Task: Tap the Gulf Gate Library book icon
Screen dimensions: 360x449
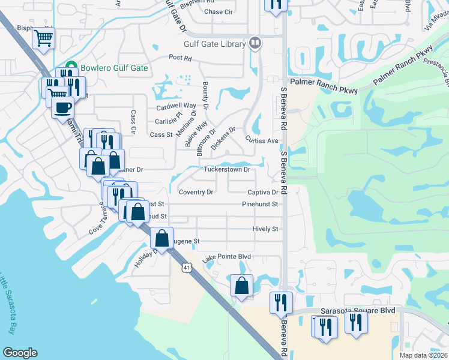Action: pos(255,43)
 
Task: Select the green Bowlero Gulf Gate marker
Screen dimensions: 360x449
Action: pos(71,68)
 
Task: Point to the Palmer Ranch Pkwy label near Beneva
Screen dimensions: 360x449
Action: pos(323,82)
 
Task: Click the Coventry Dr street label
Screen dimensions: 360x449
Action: pos(196,192)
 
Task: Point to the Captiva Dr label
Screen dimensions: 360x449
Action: pos(263,193)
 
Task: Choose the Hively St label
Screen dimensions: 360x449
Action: pos(265,229)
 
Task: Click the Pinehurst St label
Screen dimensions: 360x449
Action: pos(260,204)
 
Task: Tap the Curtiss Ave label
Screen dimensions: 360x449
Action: pos(262,140)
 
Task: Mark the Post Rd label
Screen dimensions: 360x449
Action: pos(179,58)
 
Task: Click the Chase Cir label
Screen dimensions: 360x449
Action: pos(218,11)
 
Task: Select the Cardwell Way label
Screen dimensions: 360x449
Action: pos(176,106)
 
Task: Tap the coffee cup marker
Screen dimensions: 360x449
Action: pos(62,108)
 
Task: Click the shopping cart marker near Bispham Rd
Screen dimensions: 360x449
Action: pos(43,38)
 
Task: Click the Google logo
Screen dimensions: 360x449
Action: pos(20,353)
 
